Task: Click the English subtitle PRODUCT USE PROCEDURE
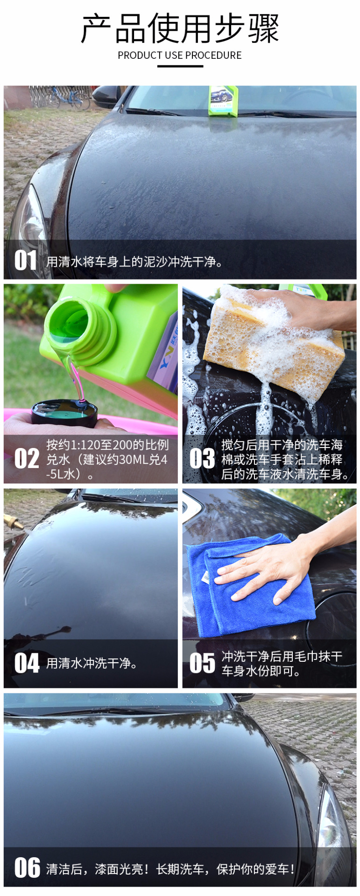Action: (x=180, y=56)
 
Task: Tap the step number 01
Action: (x=25, y=260)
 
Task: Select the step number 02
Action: (x=27, y=458)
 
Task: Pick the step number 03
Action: (x=202, y=458)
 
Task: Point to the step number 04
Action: (x=27, y=663)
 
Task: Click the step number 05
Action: (x=202, y=663)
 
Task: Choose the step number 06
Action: (x=27, y=868)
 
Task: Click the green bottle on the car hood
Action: (x=223, y=100)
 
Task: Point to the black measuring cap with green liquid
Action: (x=64, y=413)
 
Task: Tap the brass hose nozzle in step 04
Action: (x=13, y=522)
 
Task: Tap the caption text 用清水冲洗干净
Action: (x=92, y=663)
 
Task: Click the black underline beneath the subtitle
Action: (x=180, y=66)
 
